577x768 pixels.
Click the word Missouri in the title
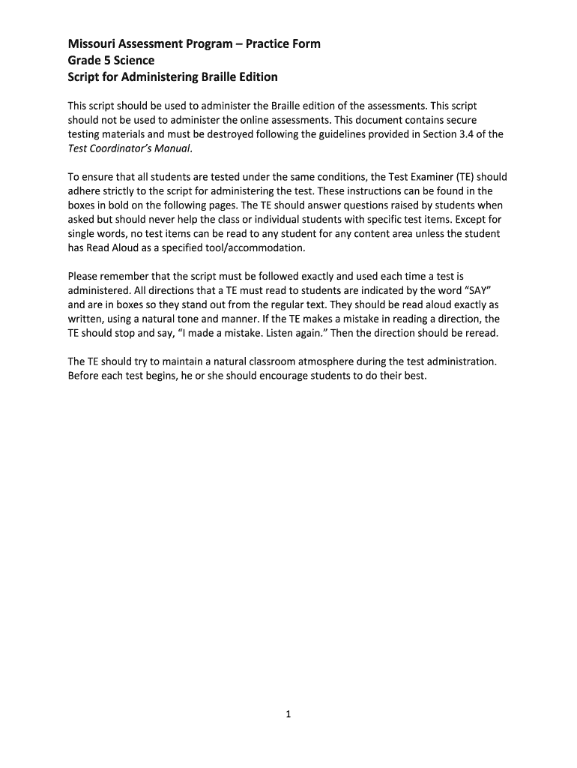pyautogui.click(x=91, y=43)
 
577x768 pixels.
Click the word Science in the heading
pyautogui.click(x=133, y=60)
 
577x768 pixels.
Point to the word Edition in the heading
pyautogui.click(x=255, y=77)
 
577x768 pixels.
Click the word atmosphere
pyautogui.click(x=324, y=361)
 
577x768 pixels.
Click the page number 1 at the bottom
pyautogui.click(x=288, y=715)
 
